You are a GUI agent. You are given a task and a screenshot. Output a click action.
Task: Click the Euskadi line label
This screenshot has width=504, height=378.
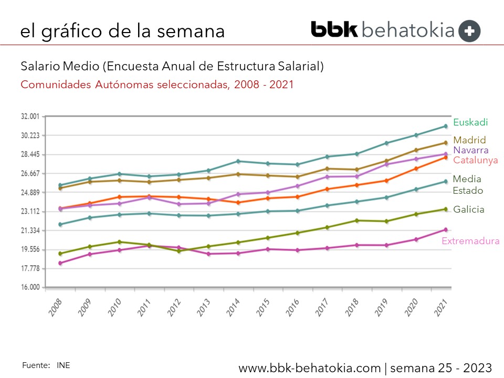point(470,122)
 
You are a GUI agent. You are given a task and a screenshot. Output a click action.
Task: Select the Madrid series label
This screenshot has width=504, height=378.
point(469,140)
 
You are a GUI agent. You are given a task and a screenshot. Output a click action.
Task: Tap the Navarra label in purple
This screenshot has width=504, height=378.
point(471,150)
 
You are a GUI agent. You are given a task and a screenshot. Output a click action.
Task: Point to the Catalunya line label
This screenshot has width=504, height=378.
point(476,160)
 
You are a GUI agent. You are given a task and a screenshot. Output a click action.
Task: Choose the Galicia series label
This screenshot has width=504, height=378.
point(469,209)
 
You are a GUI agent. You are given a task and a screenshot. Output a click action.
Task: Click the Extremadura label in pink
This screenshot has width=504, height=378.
point(470,241)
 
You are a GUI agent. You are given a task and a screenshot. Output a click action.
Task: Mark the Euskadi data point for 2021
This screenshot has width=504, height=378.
point(445,126)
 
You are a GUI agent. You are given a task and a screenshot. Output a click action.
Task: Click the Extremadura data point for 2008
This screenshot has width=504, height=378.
point(60,263)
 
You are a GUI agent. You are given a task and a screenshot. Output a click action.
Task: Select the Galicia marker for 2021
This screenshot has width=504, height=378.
point(445,209)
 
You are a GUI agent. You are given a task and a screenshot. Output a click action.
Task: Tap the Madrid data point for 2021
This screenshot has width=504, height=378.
point(445,143)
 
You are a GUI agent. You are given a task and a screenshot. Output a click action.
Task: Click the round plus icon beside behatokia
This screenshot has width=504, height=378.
point(469,31)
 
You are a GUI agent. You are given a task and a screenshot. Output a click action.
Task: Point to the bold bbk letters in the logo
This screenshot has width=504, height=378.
point(334,29)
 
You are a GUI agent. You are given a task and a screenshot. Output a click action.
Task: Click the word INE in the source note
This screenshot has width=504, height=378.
point(63,365)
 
